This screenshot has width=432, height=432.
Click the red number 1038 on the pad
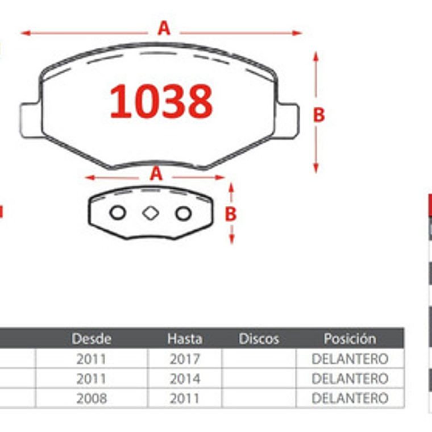(161, 102)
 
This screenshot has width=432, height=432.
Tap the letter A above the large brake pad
(164, 28)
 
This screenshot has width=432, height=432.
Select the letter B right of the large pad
(319, 115)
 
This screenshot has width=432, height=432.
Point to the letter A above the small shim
(156, 174)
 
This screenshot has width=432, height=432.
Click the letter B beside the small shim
(230, 214)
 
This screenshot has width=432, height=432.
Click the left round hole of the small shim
(118, 213)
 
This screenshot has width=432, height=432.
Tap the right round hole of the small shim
(183, 213)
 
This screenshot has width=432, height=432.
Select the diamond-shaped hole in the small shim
(150, 213)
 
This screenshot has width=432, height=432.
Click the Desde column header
(92, 339)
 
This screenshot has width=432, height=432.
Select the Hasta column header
(185, 339)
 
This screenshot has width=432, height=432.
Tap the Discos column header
(259, 339)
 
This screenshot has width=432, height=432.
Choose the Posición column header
(350, 339)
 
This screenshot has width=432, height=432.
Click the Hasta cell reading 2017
(185, 359)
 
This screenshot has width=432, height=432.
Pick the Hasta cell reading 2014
(185, 379)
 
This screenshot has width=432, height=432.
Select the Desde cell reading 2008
(92, 398)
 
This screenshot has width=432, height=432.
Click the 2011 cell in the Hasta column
(185, 398)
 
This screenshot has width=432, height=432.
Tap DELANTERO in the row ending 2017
(350, 359)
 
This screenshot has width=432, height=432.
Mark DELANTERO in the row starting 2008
(350, 398)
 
